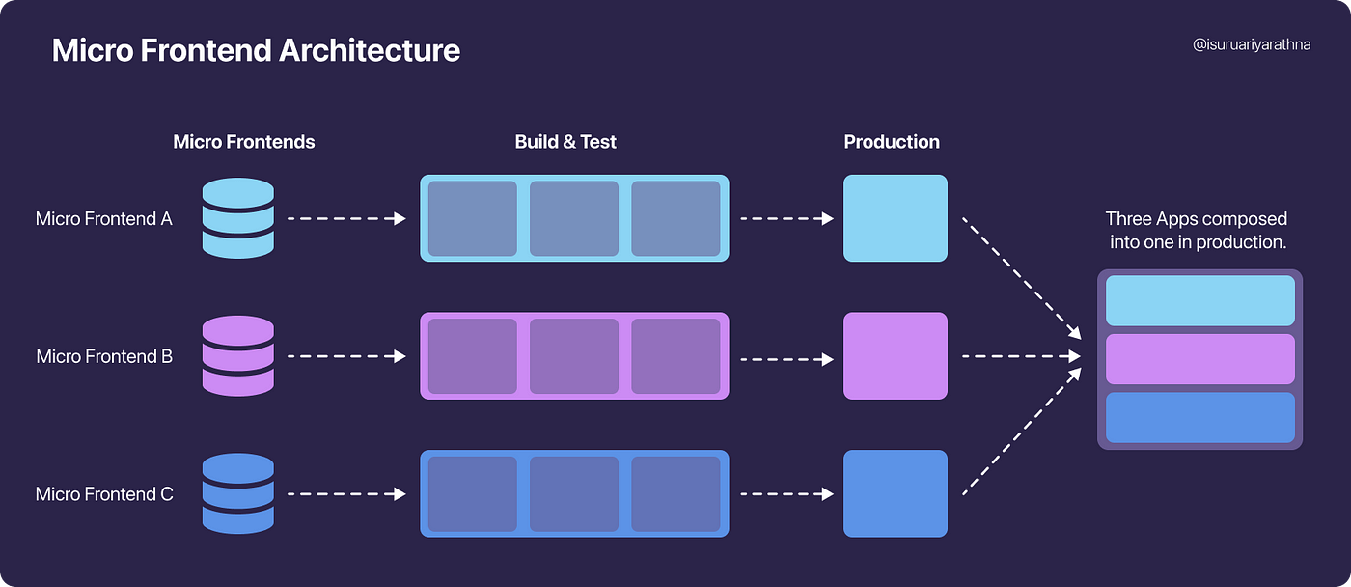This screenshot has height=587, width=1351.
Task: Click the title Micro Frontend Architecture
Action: coord(256,50)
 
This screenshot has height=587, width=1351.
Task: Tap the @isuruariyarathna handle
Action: coord(1252,45)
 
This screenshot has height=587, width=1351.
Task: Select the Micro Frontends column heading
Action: coord(243,142)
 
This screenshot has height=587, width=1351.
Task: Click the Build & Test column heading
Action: coord(565,142)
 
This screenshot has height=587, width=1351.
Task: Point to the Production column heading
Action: coord(892,142)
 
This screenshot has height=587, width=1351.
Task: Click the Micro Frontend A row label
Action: coord(104,218)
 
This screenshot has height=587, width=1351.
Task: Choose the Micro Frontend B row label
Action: coord(104,356)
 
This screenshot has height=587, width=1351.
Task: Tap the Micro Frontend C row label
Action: coord(104,494)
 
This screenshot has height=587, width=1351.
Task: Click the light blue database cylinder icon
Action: coord(238,218)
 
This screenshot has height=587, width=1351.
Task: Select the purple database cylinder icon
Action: coord(238,356)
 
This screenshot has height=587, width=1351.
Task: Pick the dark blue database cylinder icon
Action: coord(238,493)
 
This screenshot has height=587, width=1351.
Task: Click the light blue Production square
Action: coord(896,218)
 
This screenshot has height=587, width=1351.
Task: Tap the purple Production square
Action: coord(896,356)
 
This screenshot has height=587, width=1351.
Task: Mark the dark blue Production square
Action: coord(896,493)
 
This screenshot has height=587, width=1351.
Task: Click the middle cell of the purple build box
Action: coord(574,356)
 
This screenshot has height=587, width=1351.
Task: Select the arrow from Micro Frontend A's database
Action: coord(346,218)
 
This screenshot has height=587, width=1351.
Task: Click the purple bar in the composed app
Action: coord(1200,359)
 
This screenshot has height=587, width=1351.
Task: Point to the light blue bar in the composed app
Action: coord(1200,300)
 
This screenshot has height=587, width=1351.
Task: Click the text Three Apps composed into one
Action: coord(1197,230)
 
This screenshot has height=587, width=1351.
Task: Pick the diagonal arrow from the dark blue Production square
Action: coord(1022,432)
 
